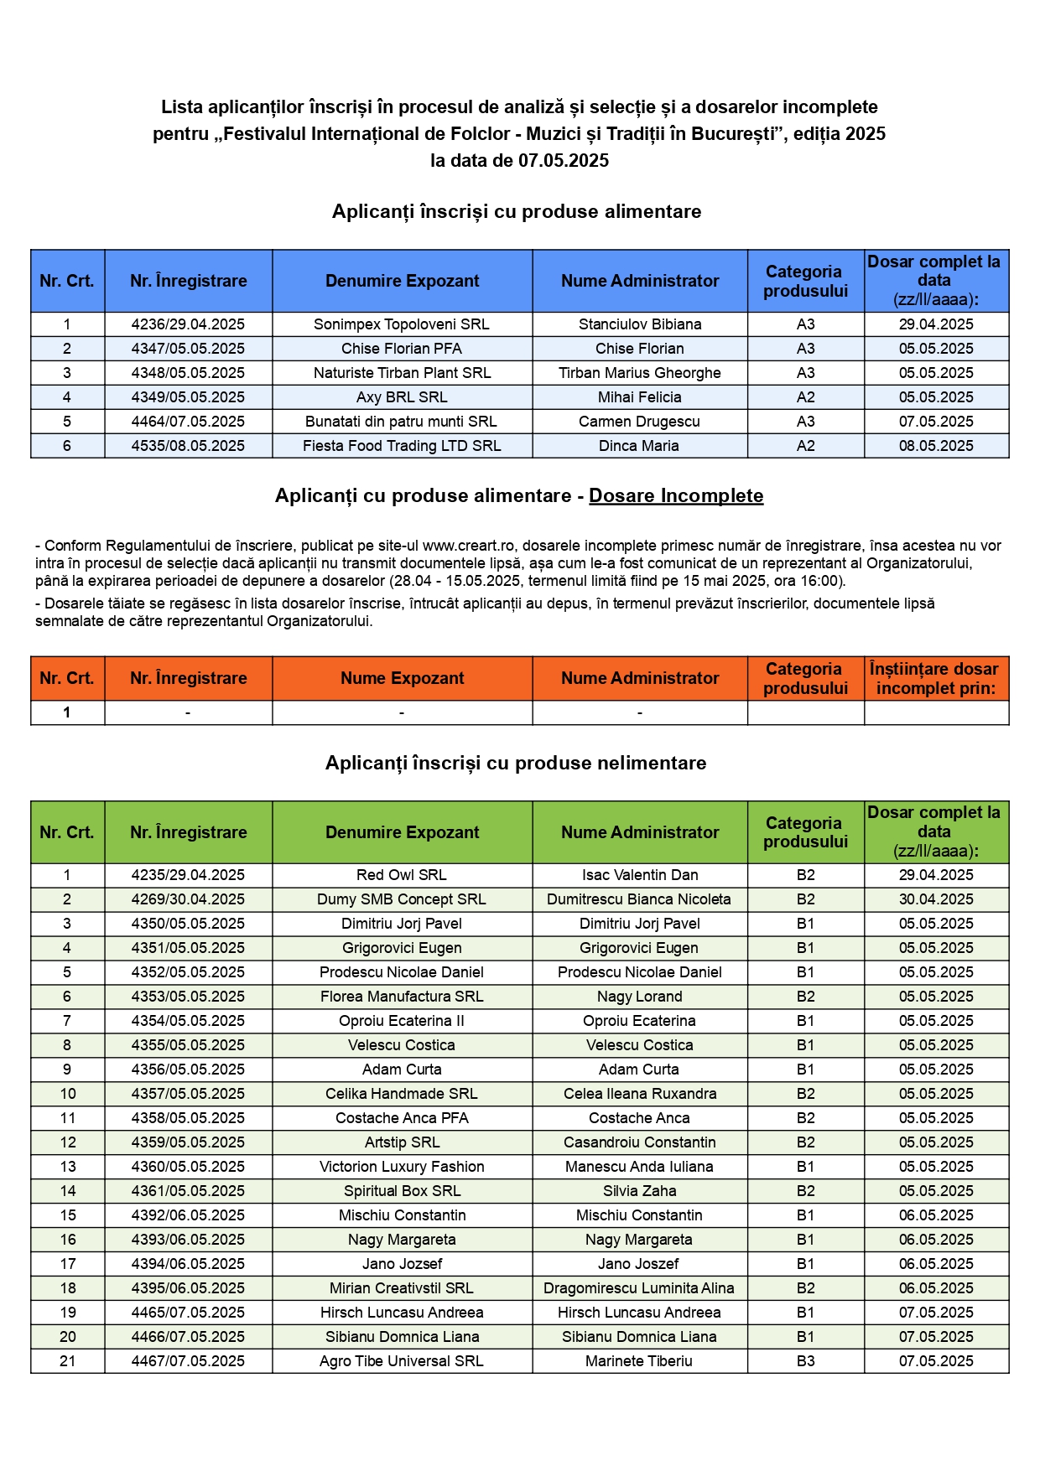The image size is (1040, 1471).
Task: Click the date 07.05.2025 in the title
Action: point(563,161)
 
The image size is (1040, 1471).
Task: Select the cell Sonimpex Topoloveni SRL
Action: point(402,324)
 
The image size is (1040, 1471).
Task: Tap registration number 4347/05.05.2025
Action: point(188,349)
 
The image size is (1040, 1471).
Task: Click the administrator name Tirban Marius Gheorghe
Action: point(639,373)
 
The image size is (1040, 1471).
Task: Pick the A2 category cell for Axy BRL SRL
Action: point(805,397)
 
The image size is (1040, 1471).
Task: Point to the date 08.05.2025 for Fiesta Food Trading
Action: point(936,446)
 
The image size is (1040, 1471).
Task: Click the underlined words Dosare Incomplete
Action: point(676,496)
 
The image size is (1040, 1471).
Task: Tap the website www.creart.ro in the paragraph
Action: point(468,546)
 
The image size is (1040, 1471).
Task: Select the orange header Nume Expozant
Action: point(402,678)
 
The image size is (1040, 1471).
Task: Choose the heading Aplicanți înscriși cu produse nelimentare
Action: point(516,763)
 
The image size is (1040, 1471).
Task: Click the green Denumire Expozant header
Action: point(402,832)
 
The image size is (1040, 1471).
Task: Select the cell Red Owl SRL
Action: point(402,875)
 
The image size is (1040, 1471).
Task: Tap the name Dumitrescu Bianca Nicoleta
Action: point(639,899)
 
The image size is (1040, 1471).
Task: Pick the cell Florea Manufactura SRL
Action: point(402,997)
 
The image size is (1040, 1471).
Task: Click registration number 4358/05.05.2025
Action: point(188,1118)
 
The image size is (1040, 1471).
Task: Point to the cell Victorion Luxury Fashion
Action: point(402,1167)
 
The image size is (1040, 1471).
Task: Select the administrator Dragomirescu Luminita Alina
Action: point(639,1288)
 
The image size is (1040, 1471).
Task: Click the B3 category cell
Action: point(805,1361)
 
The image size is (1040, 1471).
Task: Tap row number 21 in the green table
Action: point(67,1361)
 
